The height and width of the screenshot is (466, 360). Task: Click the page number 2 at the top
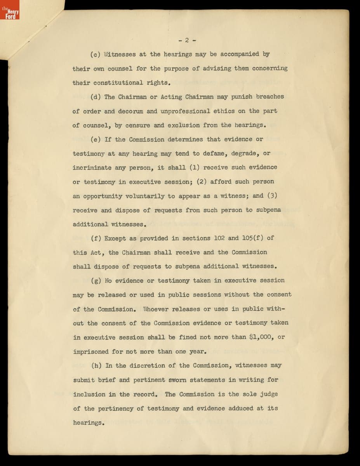pos(187,40)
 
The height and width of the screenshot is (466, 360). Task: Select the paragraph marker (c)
pos(96,54)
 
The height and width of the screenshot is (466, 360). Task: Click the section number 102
pos(220,238)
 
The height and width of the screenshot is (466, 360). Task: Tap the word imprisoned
pos(91,352)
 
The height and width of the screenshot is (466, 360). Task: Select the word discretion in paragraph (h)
pos(147,366)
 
